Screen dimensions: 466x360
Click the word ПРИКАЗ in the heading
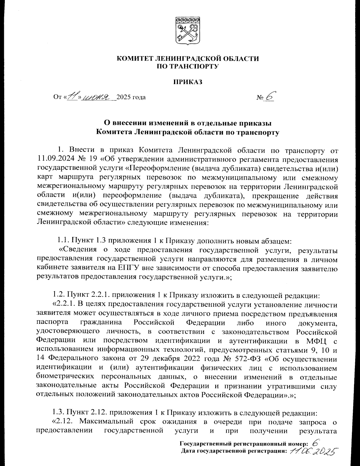(188, 81)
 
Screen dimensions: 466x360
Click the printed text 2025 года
(131, 97)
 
